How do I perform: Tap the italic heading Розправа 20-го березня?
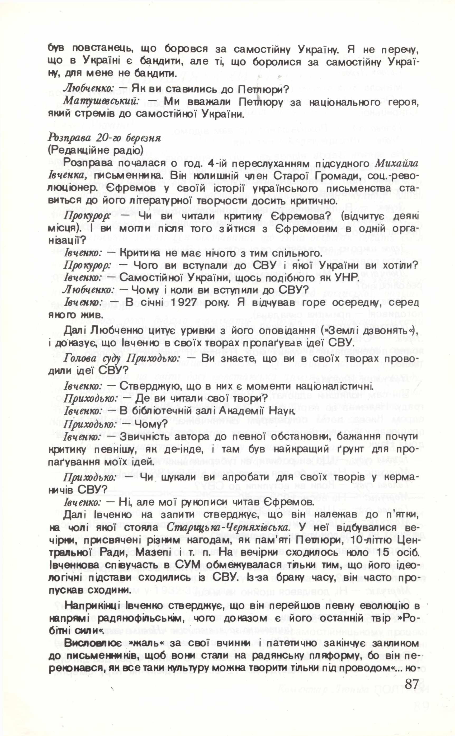pos(104,138)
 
